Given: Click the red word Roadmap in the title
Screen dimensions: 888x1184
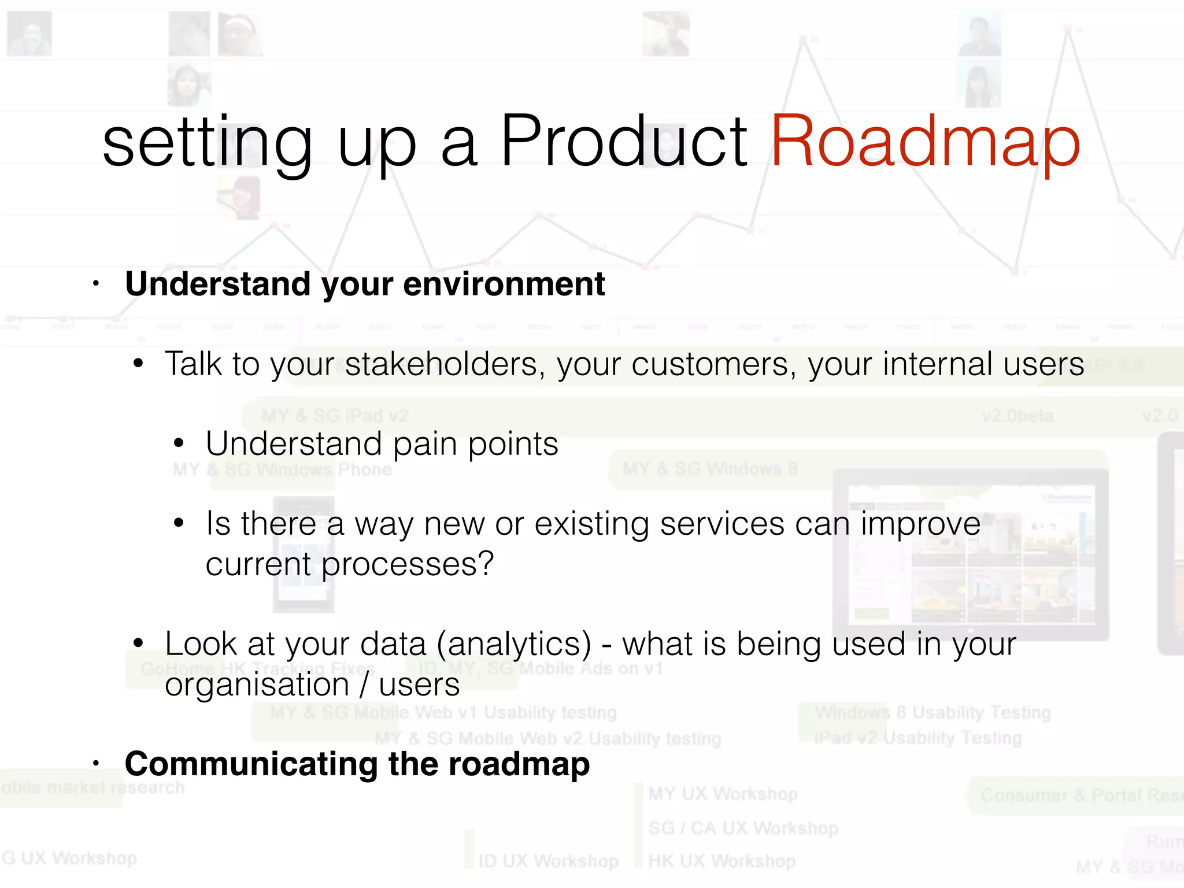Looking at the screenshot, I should [x=925, y=142].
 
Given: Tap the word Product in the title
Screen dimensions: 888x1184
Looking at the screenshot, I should [x=623, y=142].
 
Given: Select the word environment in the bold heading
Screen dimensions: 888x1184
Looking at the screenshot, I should [x=504, y=284].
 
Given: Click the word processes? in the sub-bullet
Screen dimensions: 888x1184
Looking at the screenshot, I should [x=407, y=564].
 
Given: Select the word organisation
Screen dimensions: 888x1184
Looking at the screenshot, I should [x=257, y=686].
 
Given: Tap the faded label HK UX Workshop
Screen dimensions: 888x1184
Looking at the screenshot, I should [x=721, y=861].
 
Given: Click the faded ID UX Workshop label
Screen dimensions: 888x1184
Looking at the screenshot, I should [x=548, y=861].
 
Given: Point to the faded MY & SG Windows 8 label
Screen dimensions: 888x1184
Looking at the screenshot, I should [x=710, y=469].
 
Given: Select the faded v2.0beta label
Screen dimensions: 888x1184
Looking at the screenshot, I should [x=1017, y=416].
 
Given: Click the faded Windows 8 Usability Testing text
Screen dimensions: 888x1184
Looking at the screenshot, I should [x=933, y=712].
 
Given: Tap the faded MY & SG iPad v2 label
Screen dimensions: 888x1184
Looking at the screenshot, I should [x=334, y=416].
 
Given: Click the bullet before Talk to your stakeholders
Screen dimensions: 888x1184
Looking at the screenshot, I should [x=138, y=364].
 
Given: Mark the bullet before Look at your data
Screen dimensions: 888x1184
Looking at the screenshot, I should [x=138, y=643].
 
